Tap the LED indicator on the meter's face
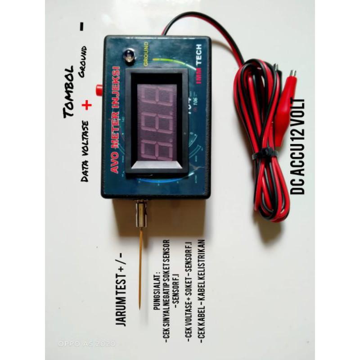tap(129, 56)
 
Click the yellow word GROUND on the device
tap(145, 54)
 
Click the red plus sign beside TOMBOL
tap(87, 104)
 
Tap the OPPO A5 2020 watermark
tap(86, 343)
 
